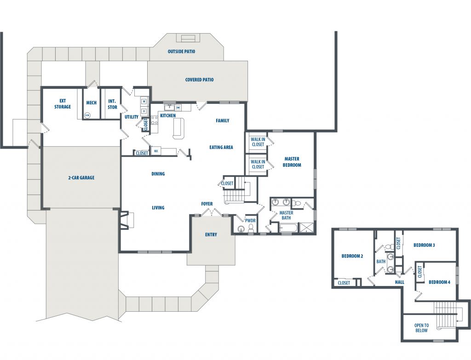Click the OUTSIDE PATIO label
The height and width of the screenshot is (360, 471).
coord(181,51)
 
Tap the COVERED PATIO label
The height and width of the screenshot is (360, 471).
coord(200,80)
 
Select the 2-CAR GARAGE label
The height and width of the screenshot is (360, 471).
coord(81,178)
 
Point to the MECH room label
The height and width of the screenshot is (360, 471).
coord(92,103)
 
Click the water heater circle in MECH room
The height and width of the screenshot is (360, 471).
coord(87,114)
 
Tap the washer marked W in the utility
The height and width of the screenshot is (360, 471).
coord(144,101)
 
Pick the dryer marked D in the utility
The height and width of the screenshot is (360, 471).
coord(144,111)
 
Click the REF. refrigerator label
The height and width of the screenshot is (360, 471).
coord(156,151)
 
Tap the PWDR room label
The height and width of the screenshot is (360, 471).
coord(250,220)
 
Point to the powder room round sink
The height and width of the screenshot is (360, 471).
coord(241,229)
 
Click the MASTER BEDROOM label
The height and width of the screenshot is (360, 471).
coord(292,162)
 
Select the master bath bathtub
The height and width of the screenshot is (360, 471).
coord(288,227)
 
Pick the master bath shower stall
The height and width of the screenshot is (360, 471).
coord(306,227)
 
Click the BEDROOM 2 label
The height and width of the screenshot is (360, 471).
coord(352,256)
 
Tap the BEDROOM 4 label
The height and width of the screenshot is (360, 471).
coord(439,282)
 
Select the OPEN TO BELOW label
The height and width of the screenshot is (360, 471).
coord(422,328)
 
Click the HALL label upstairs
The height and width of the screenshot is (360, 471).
coord(400,282)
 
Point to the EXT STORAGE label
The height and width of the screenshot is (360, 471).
coord(63,104)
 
